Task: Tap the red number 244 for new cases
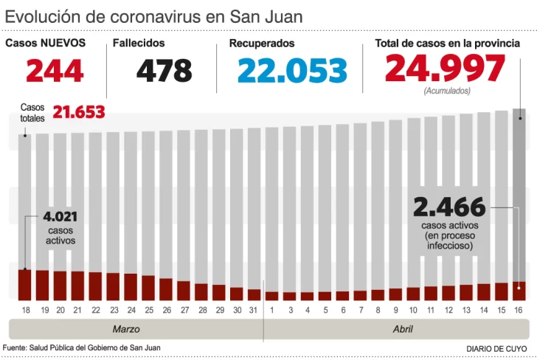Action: pos(55,71)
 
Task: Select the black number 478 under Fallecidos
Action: pos(164,71)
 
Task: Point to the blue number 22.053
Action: pos(292,71)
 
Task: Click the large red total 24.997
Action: pos(445,69)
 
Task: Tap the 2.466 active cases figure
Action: pos(449,206)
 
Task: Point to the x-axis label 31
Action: pos(254,310)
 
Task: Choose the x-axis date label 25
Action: pos(148,310)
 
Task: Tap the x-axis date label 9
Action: pos(395,310)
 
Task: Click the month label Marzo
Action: pos(125,329)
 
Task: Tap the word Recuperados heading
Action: pos(262,44)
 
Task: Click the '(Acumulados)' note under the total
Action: pos(446,91)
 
